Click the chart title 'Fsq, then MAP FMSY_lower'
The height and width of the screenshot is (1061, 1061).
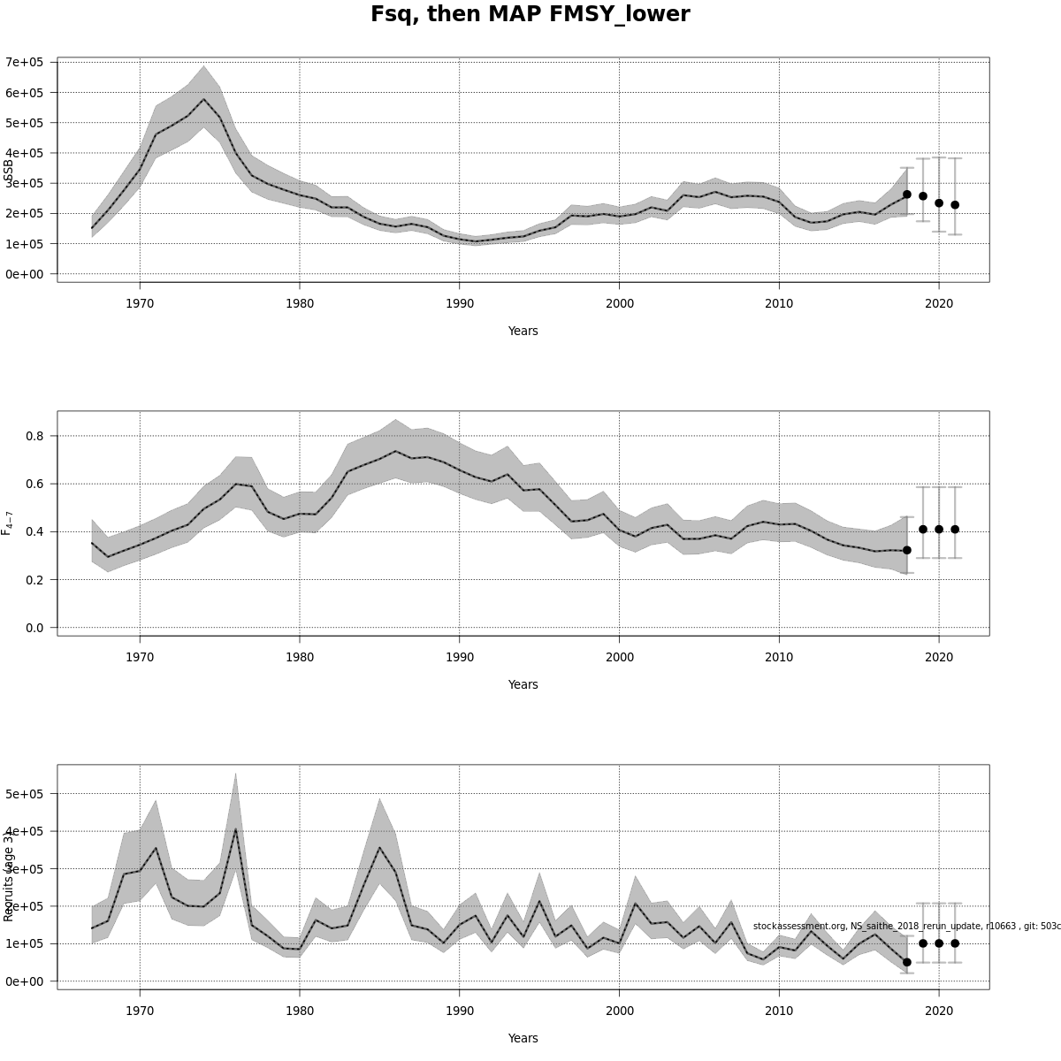(x=530, y=15)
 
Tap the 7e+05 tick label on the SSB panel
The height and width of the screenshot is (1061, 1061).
(x=25, y=62)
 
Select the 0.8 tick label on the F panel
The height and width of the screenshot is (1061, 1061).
(x=34, y=436)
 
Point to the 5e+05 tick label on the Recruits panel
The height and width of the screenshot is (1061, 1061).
(x=25, y=794)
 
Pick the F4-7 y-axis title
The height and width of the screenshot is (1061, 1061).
(x=9, y=523)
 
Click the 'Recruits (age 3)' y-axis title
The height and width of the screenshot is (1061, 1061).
(x=9, y=875)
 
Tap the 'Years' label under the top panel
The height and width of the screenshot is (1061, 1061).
(x=523, y=331)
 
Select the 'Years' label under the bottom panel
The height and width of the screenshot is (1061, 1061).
(x=523, y=1038)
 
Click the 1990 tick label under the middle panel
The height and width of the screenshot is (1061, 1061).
(x=459, y=657)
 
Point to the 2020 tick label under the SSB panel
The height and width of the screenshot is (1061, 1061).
(x=939, y=303)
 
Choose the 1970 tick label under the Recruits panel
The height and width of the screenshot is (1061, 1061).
(x=139, y=1011)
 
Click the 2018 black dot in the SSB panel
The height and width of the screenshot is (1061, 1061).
(x=907, y=195)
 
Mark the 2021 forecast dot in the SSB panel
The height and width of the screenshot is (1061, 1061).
(x=955, y=205)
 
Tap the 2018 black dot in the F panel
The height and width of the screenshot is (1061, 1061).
(x=907, y=550)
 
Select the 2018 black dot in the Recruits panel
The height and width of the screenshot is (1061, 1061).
(x=907, y=962)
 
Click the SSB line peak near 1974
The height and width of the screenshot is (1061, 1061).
(x=203, y=99)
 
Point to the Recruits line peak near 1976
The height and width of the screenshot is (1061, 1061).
(x=235, y=828)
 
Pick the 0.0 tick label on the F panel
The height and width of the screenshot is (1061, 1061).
(x=34, y=628)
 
